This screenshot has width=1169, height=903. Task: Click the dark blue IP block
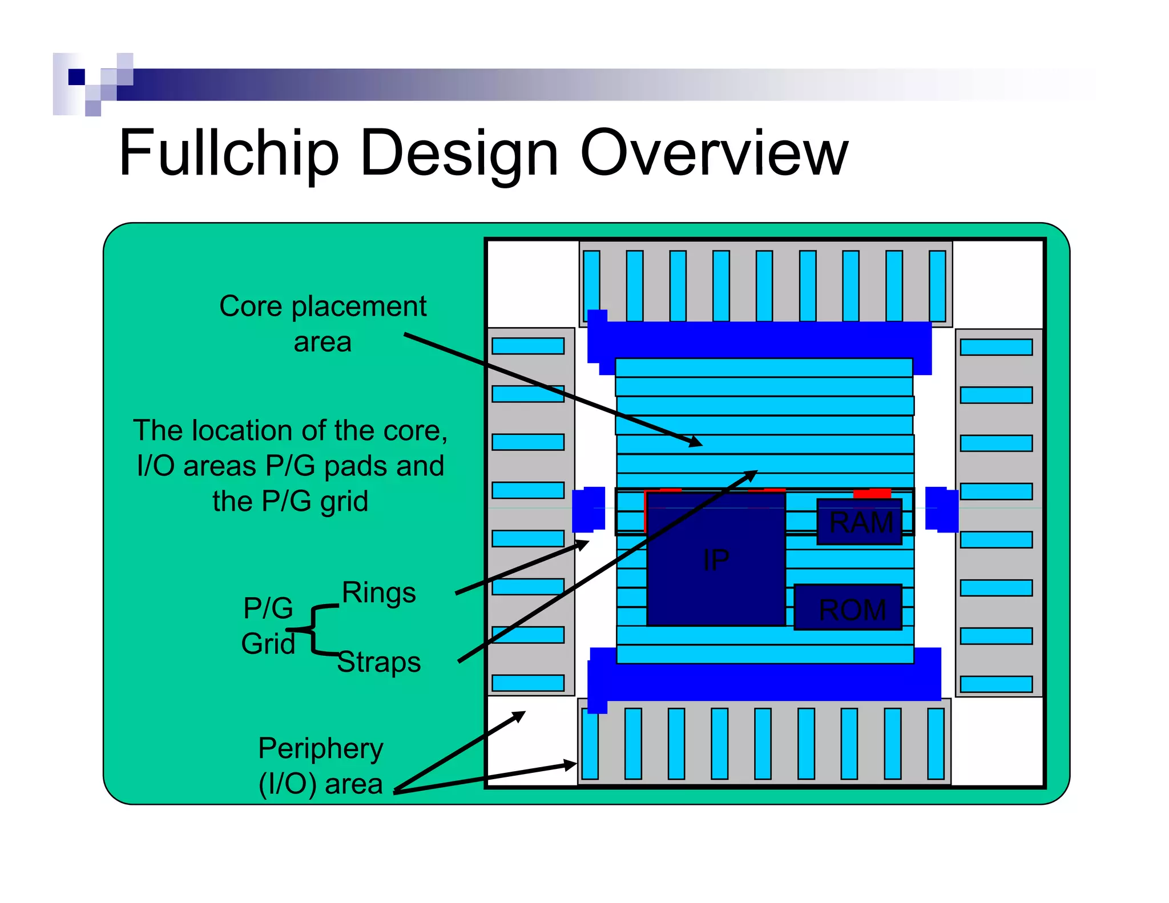(x=716, y=559)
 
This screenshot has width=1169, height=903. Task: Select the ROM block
(x=848, y=607)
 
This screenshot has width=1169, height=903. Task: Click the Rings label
(x=379, y=592)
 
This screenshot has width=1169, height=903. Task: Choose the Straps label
(x=379, y=662)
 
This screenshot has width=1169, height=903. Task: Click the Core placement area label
(x=323, y=324)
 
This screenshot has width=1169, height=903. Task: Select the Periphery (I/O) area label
(x=321, y=765)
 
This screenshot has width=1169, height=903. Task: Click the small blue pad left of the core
(x=588, y=509)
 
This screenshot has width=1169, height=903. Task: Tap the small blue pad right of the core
(x=941, y=509)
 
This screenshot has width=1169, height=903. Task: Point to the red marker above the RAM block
(x=872, y=493)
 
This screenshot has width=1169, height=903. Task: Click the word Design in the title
(x=459, y=153)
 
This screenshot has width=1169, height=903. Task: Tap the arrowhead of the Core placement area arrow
(x=696, y=442)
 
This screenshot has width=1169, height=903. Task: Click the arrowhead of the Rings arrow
(x=583, y=543)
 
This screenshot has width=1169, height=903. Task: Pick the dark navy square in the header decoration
(x=76, y=76)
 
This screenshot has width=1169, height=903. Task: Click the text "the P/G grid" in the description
(x=290, y=501)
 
